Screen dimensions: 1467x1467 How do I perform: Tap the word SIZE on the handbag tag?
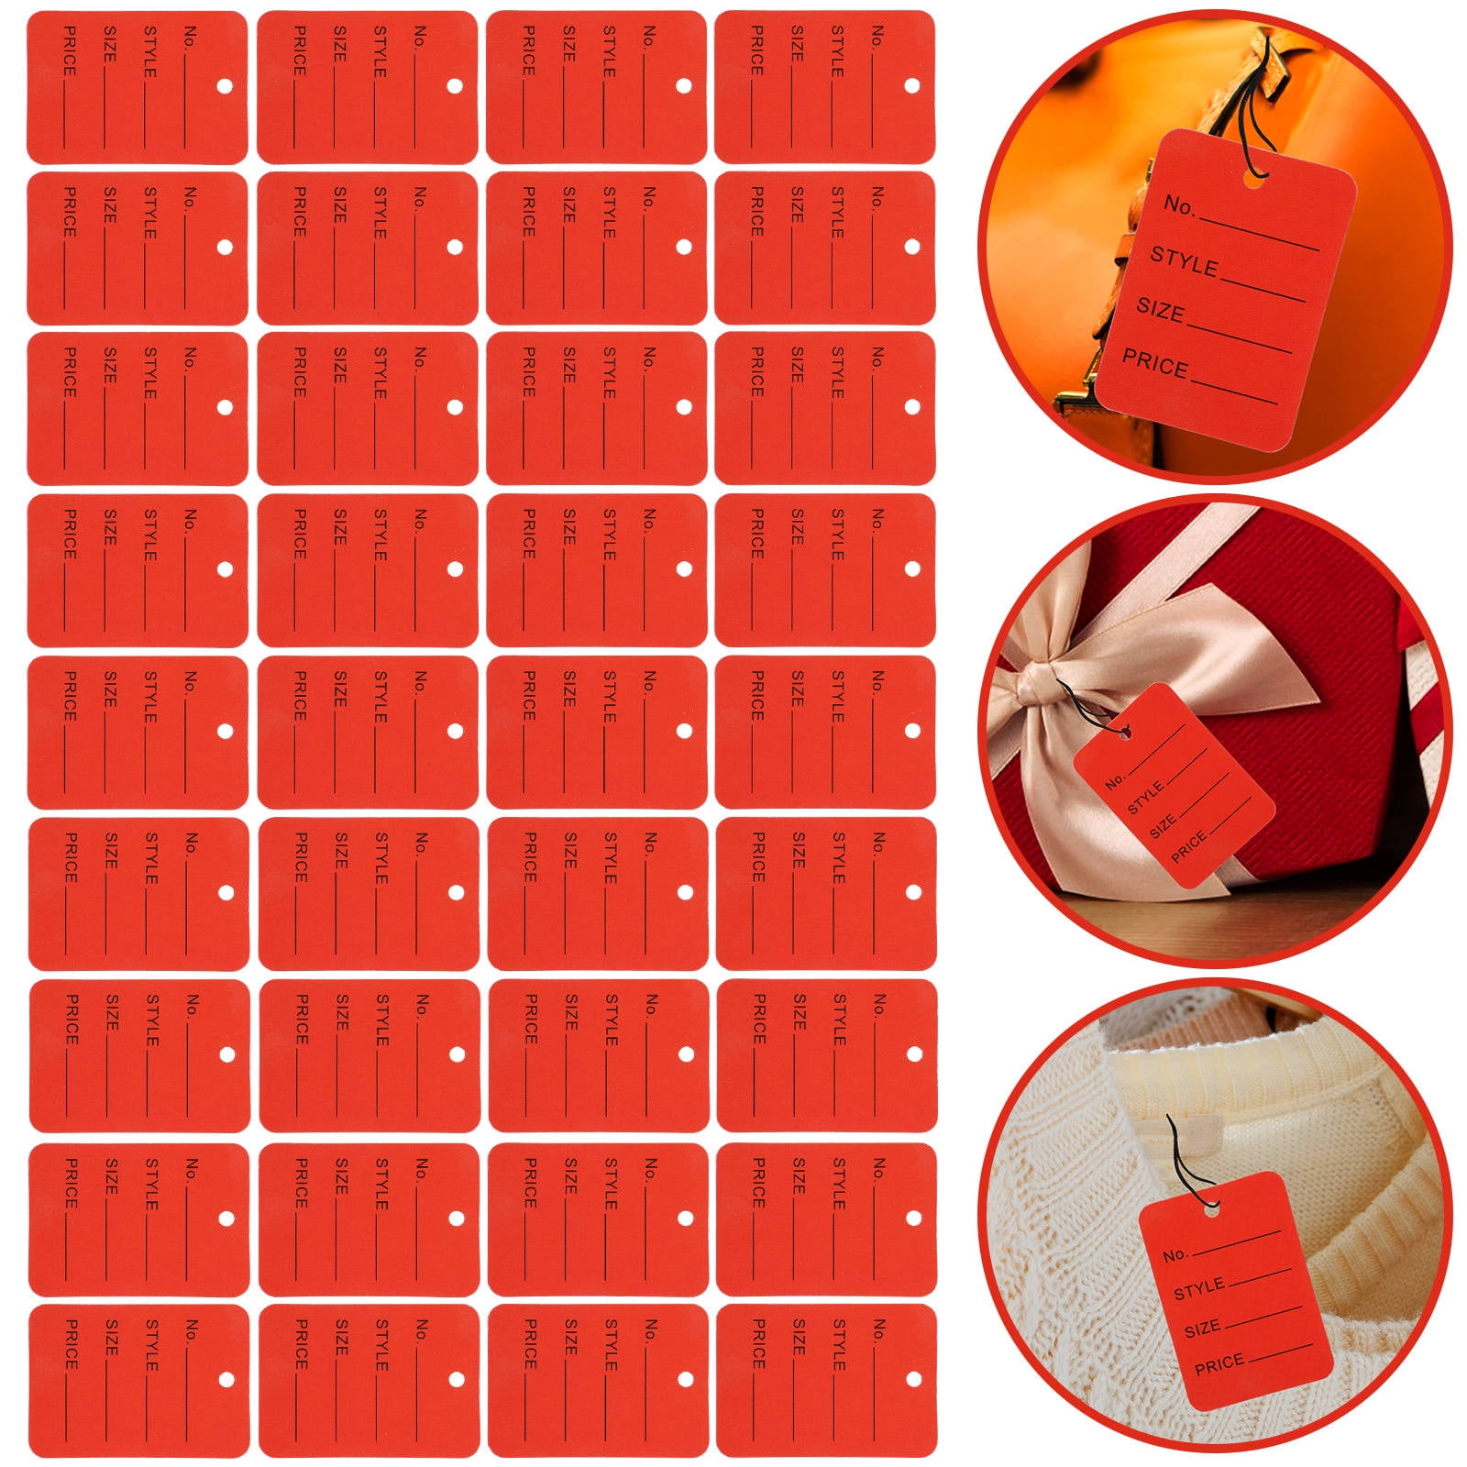(x=1161, y=311)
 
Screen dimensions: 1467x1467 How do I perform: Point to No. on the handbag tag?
(x=1179, y=204)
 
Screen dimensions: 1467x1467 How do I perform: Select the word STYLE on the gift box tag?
(x=1145, y=798)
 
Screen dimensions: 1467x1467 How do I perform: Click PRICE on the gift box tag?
(x=1188, y=848)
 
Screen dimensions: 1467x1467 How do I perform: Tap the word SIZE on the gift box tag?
(x=1163, y=826)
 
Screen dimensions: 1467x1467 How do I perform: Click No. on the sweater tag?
(x=1175, y=1253)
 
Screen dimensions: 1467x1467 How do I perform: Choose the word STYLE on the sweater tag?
(x=1198, y=1289)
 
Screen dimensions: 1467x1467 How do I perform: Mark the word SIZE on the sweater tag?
(x=1202, y=1328)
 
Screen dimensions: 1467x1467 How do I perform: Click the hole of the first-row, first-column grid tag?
(x=224, y=86)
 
